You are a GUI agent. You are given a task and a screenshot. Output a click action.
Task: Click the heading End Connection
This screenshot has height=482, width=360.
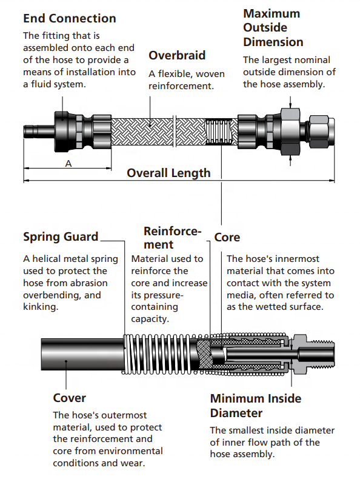[x=70, y=18]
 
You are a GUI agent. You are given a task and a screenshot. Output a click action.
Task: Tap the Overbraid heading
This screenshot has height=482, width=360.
[x=177, y=55]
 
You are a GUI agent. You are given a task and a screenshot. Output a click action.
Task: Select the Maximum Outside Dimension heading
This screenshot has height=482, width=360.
[x=273, y=28]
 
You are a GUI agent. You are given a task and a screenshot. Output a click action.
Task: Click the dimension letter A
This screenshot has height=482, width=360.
[x=68, y=164]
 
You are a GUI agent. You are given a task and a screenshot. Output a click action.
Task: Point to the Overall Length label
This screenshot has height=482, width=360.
[x=168, y=173]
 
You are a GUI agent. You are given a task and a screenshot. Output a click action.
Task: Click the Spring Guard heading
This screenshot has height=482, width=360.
[x=61, y=237]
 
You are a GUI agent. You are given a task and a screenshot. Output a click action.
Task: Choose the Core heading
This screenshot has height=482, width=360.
[x=227, y=237]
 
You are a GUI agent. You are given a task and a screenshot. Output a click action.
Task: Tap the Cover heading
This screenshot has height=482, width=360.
[x=70, y=398]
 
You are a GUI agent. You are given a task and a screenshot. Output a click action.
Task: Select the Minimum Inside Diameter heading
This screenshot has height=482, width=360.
[x=256, y=406]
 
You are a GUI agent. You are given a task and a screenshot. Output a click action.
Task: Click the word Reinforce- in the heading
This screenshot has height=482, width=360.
[x=172, y=231]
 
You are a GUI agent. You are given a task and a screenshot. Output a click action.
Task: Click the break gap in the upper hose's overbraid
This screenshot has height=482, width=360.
[x=175, y=131]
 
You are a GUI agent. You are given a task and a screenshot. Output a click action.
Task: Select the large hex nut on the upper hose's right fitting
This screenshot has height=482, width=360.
[x=290, y=131]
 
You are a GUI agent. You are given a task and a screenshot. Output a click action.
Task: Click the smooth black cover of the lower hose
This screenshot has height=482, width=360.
[x=83, y=354]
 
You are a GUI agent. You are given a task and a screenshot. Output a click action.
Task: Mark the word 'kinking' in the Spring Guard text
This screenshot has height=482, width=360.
[x=40, y=307]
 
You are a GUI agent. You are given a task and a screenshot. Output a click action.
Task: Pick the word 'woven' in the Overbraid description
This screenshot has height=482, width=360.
[x=210, y=74]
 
